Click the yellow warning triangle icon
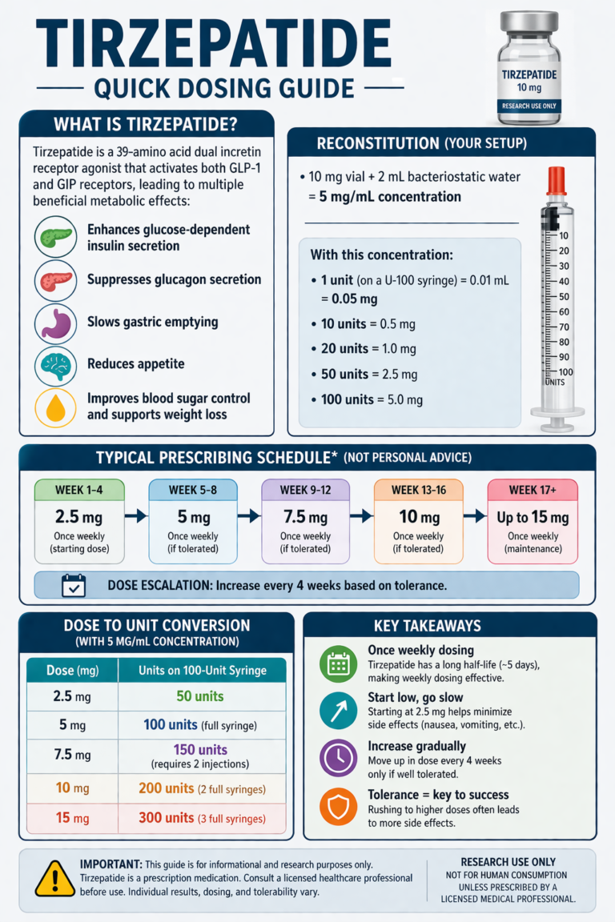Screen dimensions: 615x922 pos(54,879)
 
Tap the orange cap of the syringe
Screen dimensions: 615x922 pos(557,181)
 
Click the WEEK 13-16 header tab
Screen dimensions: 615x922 pos(419,491)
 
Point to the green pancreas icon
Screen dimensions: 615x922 pos(55,237)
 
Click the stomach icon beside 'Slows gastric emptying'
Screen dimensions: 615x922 pos(55,323)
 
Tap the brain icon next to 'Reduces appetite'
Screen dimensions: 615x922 pos(55,366)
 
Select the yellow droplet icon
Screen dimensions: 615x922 pos(55,407)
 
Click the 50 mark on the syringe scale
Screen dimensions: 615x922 pos(564,296)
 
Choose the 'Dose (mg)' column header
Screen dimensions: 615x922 pos(72,671)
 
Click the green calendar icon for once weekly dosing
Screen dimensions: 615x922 pos(339,663)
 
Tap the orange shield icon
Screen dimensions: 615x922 pos(339,807)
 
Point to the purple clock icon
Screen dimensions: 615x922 pos(339,759)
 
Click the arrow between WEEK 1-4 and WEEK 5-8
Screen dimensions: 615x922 pos(136,516)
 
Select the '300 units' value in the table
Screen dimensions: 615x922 pos(167,818)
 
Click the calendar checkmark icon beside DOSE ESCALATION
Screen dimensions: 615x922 pos(74,586)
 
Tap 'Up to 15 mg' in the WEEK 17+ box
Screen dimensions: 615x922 pos(533,518)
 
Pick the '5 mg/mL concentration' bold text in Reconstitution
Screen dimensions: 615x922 pos(390,197)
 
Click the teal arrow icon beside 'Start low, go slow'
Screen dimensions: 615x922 pos(339,711)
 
